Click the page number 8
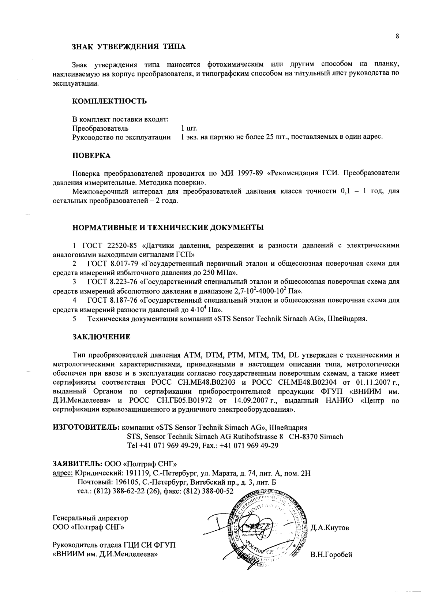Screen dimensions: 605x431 pos(397,36)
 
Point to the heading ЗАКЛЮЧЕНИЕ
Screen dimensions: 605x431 pos(101,337)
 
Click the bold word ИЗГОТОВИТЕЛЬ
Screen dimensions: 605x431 pos(86,427)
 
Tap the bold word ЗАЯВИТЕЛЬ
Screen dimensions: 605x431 pos(78,463)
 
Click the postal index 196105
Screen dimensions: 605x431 pos(127,482)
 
